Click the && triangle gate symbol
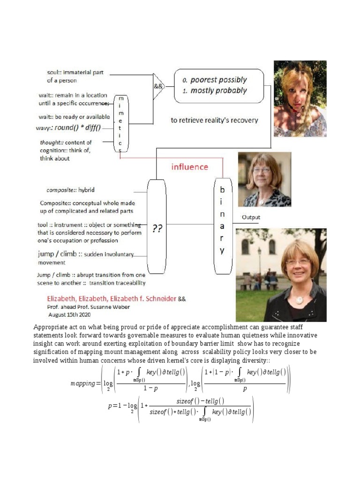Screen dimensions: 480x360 click(158, 87)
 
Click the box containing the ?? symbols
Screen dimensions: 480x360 click(157, 227)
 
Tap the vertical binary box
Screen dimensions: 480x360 click(223, 226)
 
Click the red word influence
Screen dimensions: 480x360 click(189, 167)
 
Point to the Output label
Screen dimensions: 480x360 click(251, 217)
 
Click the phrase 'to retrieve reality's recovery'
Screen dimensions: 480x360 click(214, 120)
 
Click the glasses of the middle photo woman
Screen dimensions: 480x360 click(262, 170)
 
